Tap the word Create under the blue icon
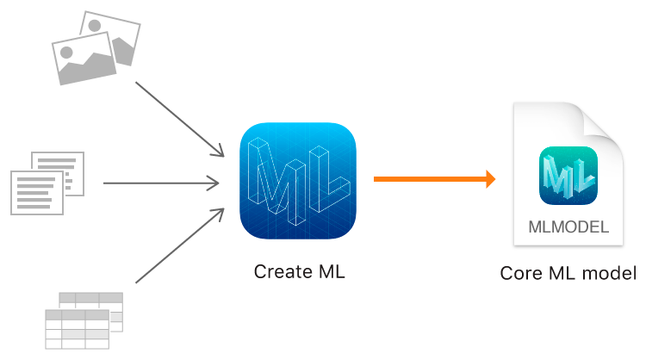click(x=283, y=272)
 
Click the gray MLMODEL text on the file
click(x=568, y=229)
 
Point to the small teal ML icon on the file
click(x=568, y=176)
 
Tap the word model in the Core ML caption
click(x=611, y=274)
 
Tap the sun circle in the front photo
click(x=67, y=52)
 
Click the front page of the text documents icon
click(x=37, y=191)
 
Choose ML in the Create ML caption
click(x=331, y=272)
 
